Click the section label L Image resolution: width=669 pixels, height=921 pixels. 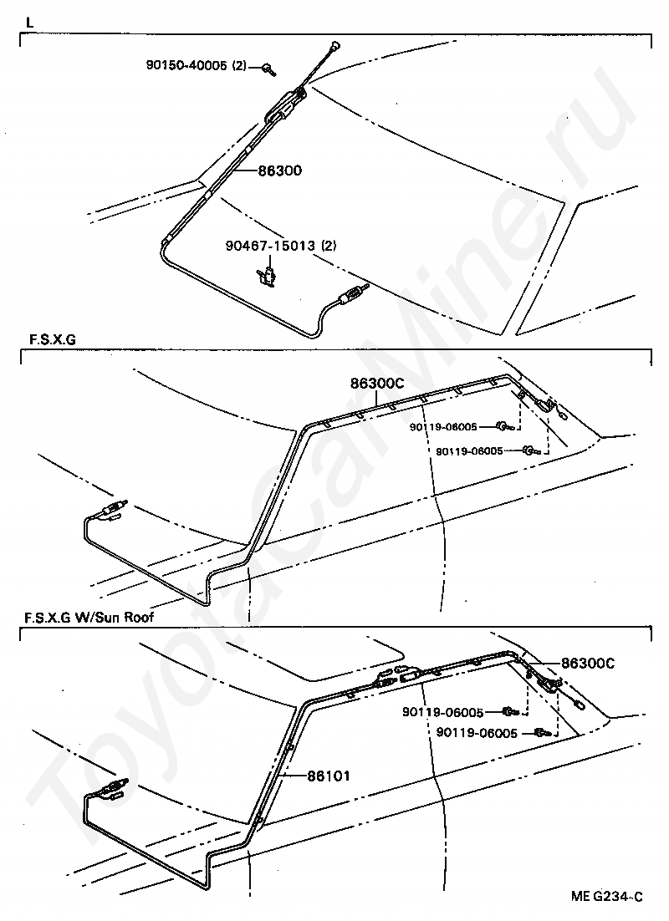click(30, 23)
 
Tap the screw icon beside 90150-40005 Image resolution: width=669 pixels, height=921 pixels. click(266, 68)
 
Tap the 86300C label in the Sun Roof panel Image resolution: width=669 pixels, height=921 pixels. click(587, 663)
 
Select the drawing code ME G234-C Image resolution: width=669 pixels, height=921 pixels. click(607, 897)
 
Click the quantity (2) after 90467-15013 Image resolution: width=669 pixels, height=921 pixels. click(327, 246)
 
